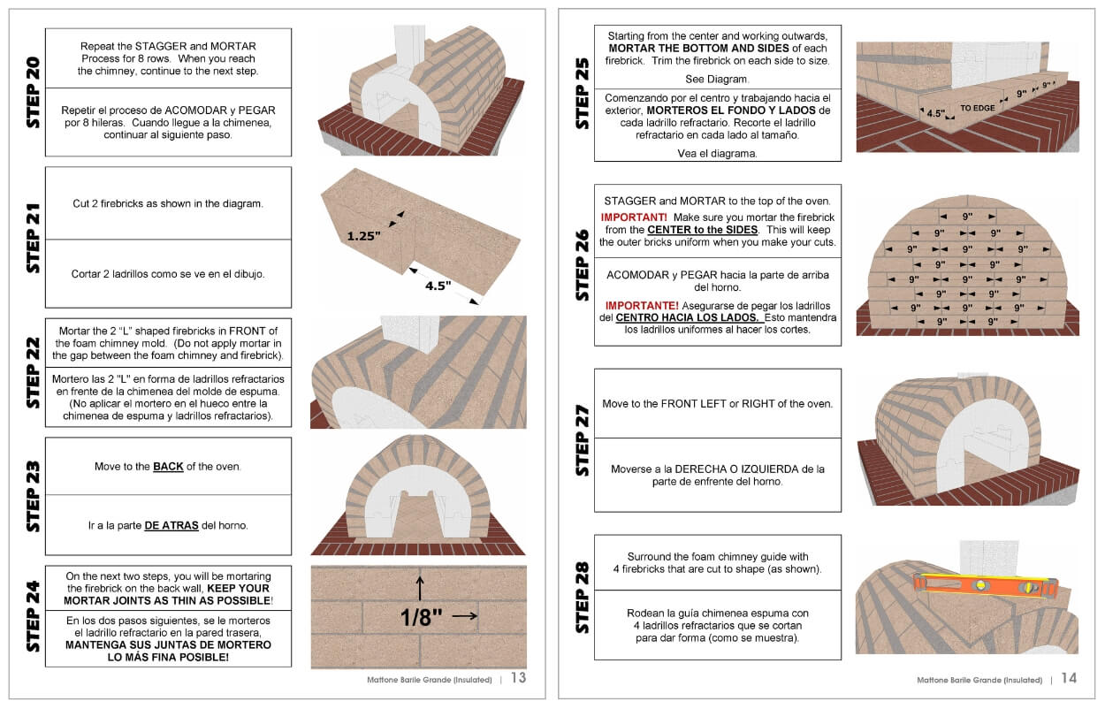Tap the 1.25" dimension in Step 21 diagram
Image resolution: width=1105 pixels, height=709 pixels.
pyautogui.click(x=362, y=236)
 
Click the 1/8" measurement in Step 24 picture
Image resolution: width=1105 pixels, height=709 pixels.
pyautogui.click(x=422, y=616)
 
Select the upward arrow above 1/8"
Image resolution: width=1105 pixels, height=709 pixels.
pyautogui.click(x=420, y=586)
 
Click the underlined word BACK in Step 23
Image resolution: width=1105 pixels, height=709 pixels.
pyautogui.click(x=168, y=466)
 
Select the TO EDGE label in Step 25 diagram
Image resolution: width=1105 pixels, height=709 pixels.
pyautogui.click(x=977, y=108)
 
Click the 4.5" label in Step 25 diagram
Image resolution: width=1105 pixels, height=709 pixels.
pyautogui.click(x=935, y=113)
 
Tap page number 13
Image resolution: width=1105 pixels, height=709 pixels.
pyautogui.click(x=518, y=678)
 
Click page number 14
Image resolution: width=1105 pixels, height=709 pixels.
pyautogui.click(x=1069, y=678)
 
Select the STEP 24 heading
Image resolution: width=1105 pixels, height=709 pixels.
pyautogui.click(x=33, y=616)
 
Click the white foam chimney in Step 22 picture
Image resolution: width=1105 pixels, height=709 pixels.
pyautogui.click(x=404, y=332)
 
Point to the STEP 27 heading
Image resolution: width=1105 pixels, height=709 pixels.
pyautogui.click(x=583, y=441)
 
